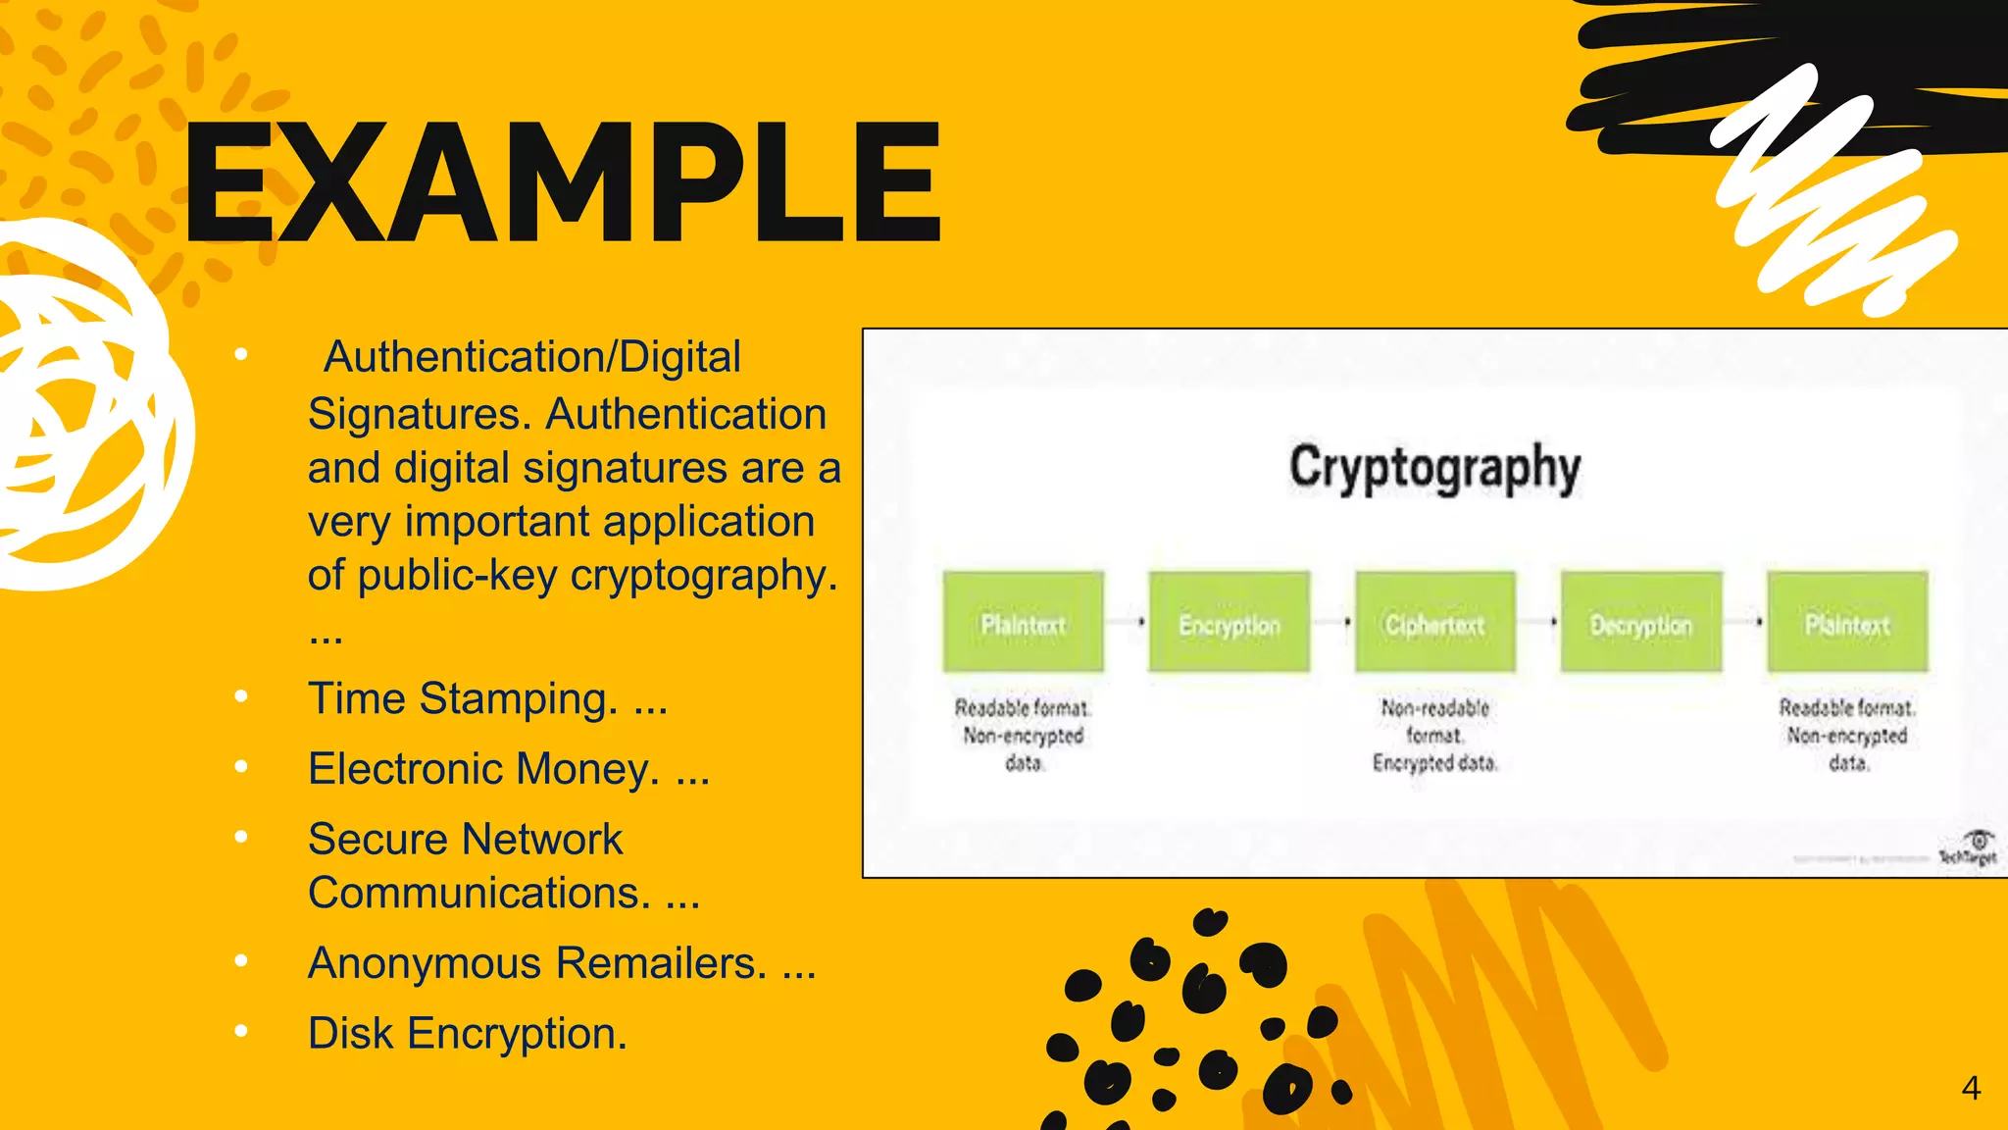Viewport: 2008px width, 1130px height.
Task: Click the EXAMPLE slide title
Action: [x=562, y=182]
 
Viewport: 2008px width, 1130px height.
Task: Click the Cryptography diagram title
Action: [x=1434, y=468]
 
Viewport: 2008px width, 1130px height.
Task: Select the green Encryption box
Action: [x=1229, y=623]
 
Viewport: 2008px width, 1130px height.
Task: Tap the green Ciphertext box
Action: [x=1434, y=623]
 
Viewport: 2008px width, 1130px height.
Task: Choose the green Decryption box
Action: [x=1640, y=623]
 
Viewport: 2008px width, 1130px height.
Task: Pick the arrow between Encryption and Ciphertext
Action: [x=1332, y=622]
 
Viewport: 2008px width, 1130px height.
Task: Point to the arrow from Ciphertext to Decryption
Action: [x=1538, y=622]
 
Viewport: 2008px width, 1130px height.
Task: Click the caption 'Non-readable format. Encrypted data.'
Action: [x=1434, y=735]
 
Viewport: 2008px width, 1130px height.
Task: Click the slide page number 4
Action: [x=1971, y=1088]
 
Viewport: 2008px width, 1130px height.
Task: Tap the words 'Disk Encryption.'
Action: [x=467, y=1034]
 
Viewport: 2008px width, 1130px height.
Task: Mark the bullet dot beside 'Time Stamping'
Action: [x=241, y=696]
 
